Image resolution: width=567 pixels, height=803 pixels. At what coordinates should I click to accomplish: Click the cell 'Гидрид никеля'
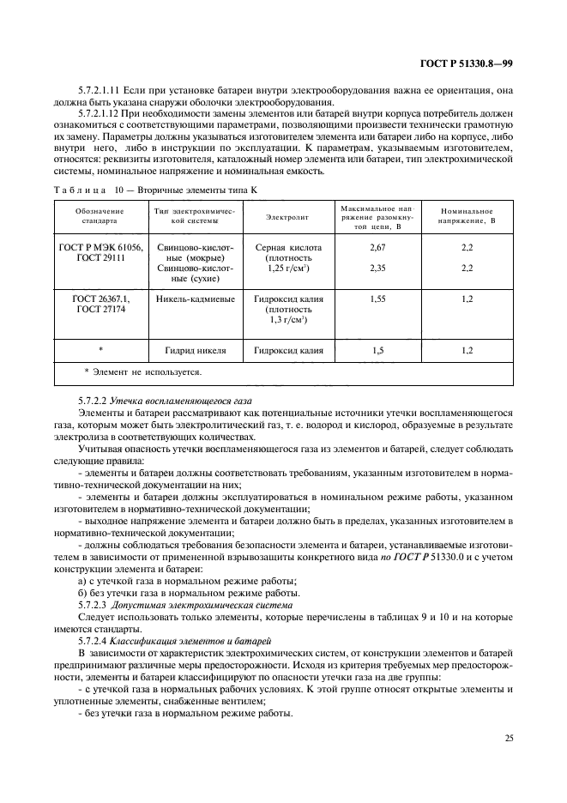coord(195,351)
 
